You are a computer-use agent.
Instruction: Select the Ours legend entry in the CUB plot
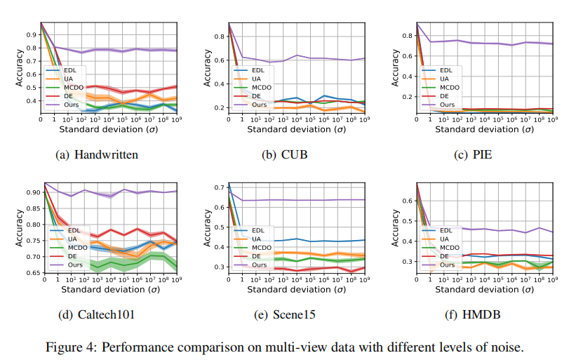pyautogui.click(x=259, y=103)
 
